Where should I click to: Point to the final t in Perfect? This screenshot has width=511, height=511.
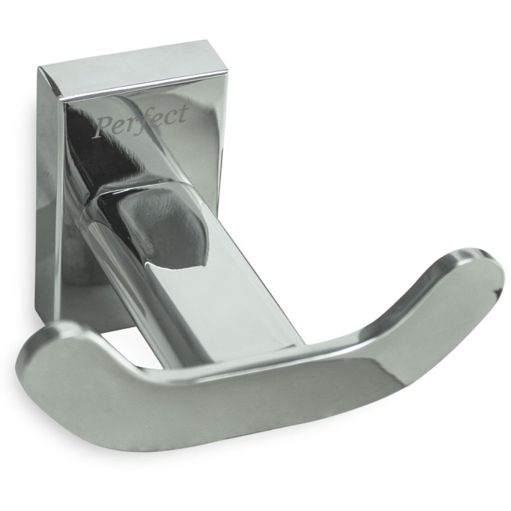click(183, 114)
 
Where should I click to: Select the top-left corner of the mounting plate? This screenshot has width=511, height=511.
click(38, 67)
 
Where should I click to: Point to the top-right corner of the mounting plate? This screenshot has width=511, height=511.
click(209, 41)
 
